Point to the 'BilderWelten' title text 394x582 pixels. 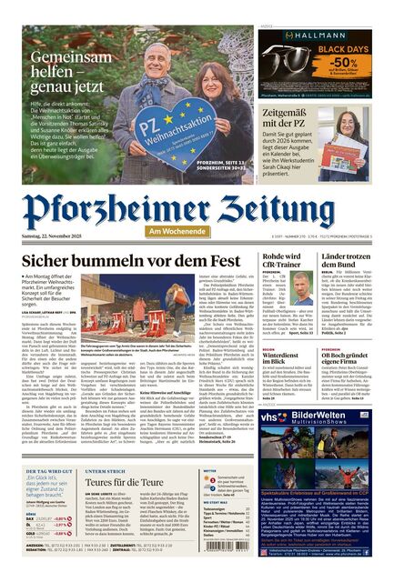(324, 414)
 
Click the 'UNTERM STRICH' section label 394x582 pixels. (106, 470)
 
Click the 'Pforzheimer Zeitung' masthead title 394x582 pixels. (197, 208)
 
